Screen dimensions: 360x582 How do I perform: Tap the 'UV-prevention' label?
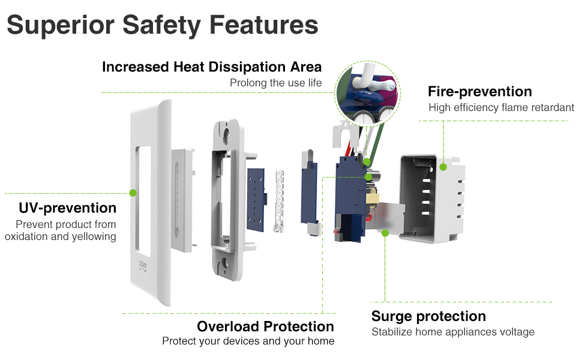[67, 208]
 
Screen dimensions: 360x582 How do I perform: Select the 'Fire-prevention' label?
[479, 92]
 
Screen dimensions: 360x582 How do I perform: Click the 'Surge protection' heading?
[428, 316]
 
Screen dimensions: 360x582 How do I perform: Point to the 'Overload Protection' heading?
[265, 326]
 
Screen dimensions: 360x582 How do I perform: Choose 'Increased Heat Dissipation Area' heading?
[212, 67]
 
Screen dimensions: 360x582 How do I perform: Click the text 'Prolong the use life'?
[275, 83]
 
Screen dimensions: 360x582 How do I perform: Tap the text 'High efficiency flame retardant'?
[501, 107]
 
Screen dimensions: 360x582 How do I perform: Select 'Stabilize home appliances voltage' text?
[452, 332]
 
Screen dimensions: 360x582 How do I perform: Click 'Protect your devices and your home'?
[248, 341]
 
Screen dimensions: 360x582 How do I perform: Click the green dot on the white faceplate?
[133, 193]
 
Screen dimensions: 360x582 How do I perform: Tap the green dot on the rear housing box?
[443, 167]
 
